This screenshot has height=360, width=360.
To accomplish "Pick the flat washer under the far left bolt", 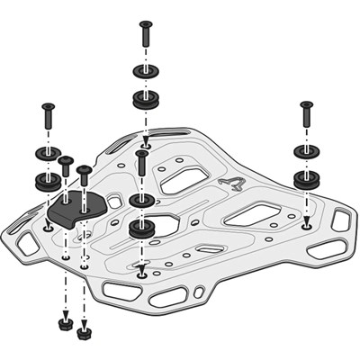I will (47, 152).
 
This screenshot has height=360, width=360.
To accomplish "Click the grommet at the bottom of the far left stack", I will (47, 181).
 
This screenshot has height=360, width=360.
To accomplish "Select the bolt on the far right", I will (305, 114).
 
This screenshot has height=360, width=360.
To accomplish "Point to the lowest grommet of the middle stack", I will (141, 228).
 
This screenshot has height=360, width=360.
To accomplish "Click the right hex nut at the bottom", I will (84, 332).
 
